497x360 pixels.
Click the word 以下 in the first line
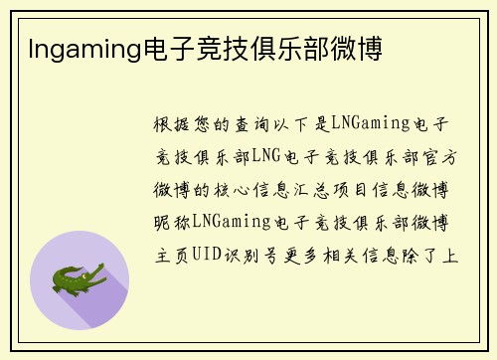pyautogui.click(x=303, y=125)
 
